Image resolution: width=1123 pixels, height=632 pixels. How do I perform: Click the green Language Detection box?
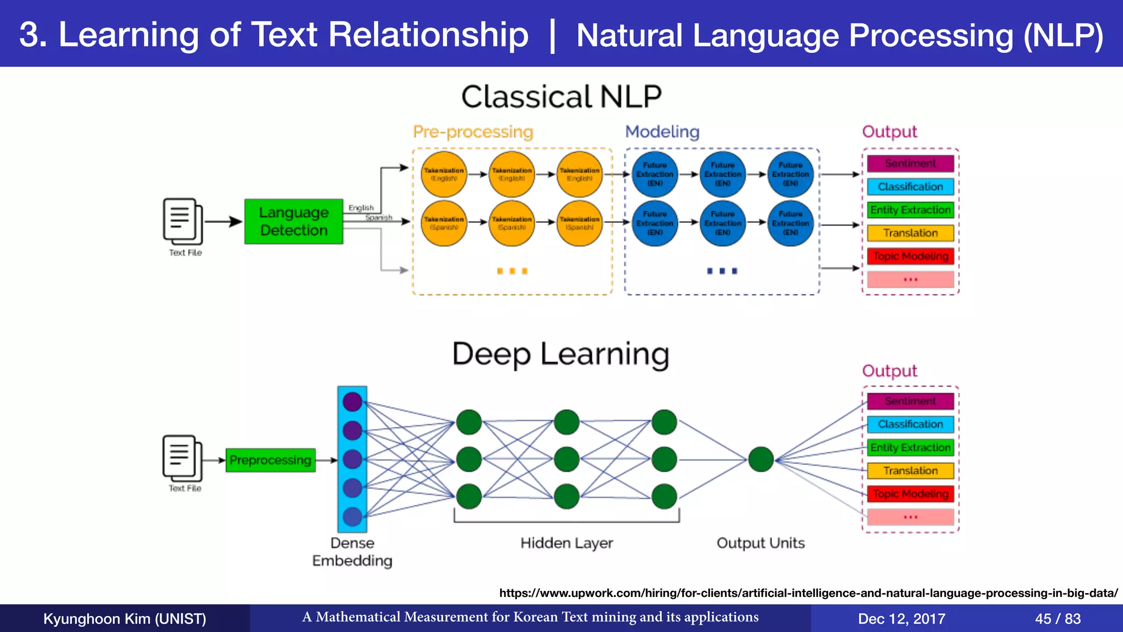click(x=293, y=221)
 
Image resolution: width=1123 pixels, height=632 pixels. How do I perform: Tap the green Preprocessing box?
click(x=270, y=460)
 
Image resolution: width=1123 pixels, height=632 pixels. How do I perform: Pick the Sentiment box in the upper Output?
click(x=910, y=163)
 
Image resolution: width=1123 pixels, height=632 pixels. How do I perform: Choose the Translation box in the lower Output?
click(x=910, y=471)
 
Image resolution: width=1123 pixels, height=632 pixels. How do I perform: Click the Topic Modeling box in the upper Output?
click(x=910, y=256)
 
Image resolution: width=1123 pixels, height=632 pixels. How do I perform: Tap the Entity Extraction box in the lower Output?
click(x=910, y=448)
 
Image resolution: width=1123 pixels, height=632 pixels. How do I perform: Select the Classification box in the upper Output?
click(x=910, y=187)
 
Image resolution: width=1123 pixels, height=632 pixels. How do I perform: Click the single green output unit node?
click(x=761, y=459)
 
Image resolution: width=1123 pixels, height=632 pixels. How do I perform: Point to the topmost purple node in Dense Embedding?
click(x=352, y=402)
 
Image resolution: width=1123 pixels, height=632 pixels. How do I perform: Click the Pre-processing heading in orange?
click(x=473, y=132)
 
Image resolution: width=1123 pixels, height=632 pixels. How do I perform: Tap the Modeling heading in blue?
click(x=662, y=132)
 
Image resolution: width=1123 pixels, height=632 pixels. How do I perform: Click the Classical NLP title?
click(x=561, y=97)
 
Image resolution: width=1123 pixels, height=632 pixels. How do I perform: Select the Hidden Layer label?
click(x=566, y=543)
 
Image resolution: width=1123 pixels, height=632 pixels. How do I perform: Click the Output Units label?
click(x=761, y=543)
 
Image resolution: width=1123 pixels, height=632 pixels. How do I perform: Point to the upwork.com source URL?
click(x=808, y=593)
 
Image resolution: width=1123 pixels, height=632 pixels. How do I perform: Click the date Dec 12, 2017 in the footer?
click(x=901, y=619)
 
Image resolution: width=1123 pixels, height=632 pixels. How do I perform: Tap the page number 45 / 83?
click(x=1057, y=619)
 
